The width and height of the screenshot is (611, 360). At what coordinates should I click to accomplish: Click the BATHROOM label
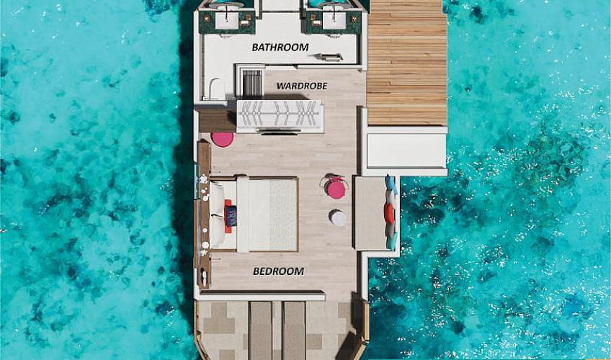[280, 48]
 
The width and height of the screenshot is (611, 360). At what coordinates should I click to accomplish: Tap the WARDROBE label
[302, 86]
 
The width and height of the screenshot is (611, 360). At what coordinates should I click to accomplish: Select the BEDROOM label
[279, 271]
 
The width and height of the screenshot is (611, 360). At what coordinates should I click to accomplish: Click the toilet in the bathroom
[217, 89]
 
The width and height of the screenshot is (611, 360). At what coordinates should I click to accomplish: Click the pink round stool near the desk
[223, 140]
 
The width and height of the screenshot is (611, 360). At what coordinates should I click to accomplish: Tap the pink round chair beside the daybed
[336, 189]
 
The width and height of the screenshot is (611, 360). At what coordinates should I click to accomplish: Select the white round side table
[337, 218]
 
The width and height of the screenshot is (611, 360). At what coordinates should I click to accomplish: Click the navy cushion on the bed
[231, 215]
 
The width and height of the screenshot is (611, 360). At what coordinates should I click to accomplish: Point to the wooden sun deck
[407, 63]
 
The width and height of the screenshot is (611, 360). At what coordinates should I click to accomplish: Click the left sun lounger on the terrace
[261, 330]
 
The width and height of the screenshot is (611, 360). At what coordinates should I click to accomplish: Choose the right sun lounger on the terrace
[294, 330]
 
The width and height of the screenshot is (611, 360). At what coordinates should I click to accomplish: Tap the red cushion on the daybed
[389, 213]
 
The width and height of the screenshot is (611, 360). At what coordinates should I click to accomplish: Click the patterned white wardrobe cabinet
[279, 114]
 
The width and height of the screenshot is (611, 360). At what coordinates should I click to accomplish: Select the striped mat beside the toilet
[252, 84]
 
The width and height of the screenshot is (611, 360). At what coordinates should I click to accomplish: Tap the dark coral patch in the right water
[550, 161]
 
